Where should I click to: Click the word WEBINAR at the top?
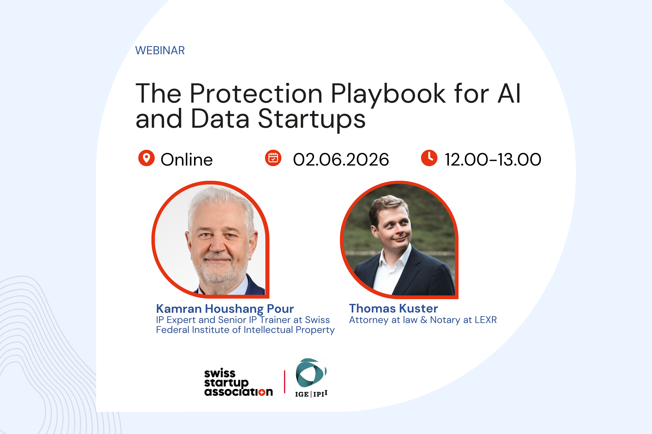[x=160, y=51]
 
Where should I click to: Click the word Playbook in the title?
[x=388, y=94]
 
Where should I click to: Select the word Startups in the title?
[x=312, y=119]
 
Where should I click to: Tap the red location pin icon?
[x=146, y=158]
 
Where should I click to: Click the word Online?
[x=186, y=160]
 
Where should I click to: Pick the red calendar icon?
[x=273, y=158]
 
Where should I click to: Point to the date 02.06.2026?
[x=341, y=160]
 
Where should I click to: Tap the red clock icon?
[x=429, y=158]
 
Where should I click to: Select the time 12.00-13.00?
[x=493, y=160]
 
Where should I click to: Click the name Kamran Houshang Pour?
[x=225, y=309]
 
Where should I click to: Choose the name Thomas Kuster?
[x=393, y=308]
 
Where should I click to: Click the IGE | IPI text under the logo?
[x=311, y=394]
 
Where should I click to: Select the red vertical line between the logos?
[x=284, y=382]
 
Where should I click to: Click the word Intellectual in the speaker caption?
[x=268, y=330]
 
